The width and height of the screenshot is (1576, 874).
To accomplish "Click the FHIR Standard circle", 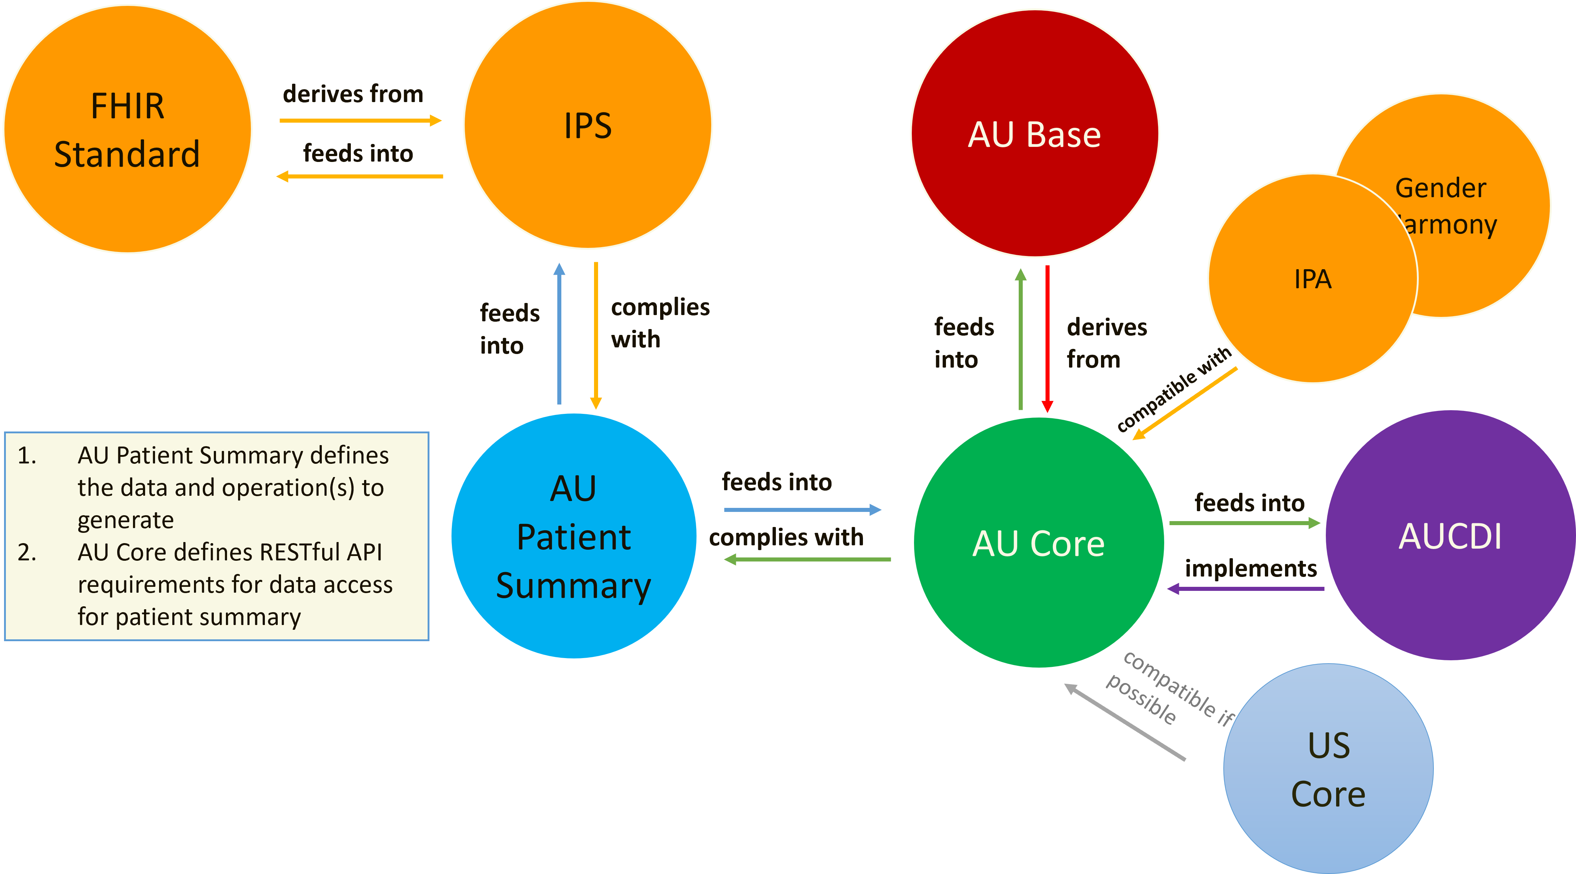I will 127,129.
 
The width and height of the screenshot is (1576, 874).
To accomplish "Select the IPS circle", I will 587,125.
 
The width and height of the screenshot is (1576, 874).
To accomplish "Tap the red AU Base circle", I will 1035,133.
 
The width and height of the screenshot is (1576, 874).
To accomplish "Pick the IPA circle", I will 1312,279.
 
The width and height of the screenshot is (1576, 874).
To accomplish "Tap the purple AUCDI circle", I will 1450,536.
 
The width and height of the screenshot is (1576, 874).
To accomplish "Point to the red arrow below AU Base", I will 1047,339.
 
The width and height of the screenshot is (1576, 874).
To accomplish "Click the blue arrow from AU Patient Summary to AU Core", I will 802,509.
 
